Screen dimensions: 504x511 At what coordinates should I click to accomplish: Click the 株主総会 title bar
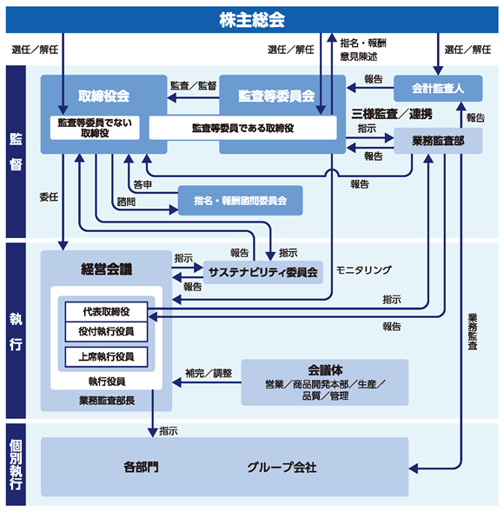(x=252, y=19)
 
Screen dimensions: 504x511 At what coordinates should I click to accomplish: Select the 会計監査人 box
(x=438, y=89)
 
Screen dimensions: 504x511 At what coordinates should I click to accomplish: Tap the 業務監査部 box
(x=438, y=141)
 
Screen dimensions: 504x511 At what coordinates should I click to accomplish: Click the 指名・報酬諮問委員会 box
(x=241, y=201)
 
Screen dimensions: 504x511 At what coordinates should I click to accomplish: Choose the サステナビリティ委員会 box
(x=263, y=273)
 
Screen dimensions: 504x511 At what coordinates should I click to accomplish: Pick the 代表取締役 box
(x=106, y=312)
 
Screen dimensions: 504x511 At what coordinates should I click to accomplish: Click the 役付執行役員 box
(x=106, y=332)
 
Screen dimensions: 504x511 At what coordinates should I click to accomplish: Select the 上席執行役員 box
(x=106, y=357)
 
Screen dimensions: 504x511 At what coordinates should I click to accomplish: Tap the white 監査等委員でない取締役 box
(x=95, y=128)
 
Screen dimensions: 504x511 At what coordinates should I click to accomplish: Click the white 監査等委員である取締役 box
(x=242, y=128)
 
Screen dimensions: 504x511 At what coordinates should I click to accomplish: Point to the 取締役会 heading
(x=104, y=96)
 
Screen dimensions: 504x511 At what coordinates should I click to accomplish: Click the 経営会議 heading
(x=107, y=269)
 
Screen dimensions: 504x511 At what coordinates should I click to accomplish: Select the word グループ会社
(x=282, y=468)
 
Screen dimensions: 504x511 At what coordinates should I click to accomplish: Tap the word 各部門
(x=141, y=468)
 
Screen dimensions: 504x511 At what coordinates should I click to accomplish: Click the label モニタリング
(x=363, y=269)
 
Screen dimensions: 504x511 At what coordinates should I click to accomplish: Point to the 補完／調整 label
(x=209, y=373)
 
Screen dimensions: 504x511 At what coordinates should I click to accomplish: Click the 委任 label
(x=49, y=196)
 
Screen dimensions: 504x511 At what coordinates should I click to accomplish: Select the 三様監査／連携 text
(x=392, y=114)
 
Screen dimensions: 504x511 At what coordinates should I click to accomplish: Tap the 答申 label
(x=143, y=184)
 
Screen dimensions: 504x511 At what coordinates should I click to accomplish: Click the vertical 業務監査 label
(x=473, y=331)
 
